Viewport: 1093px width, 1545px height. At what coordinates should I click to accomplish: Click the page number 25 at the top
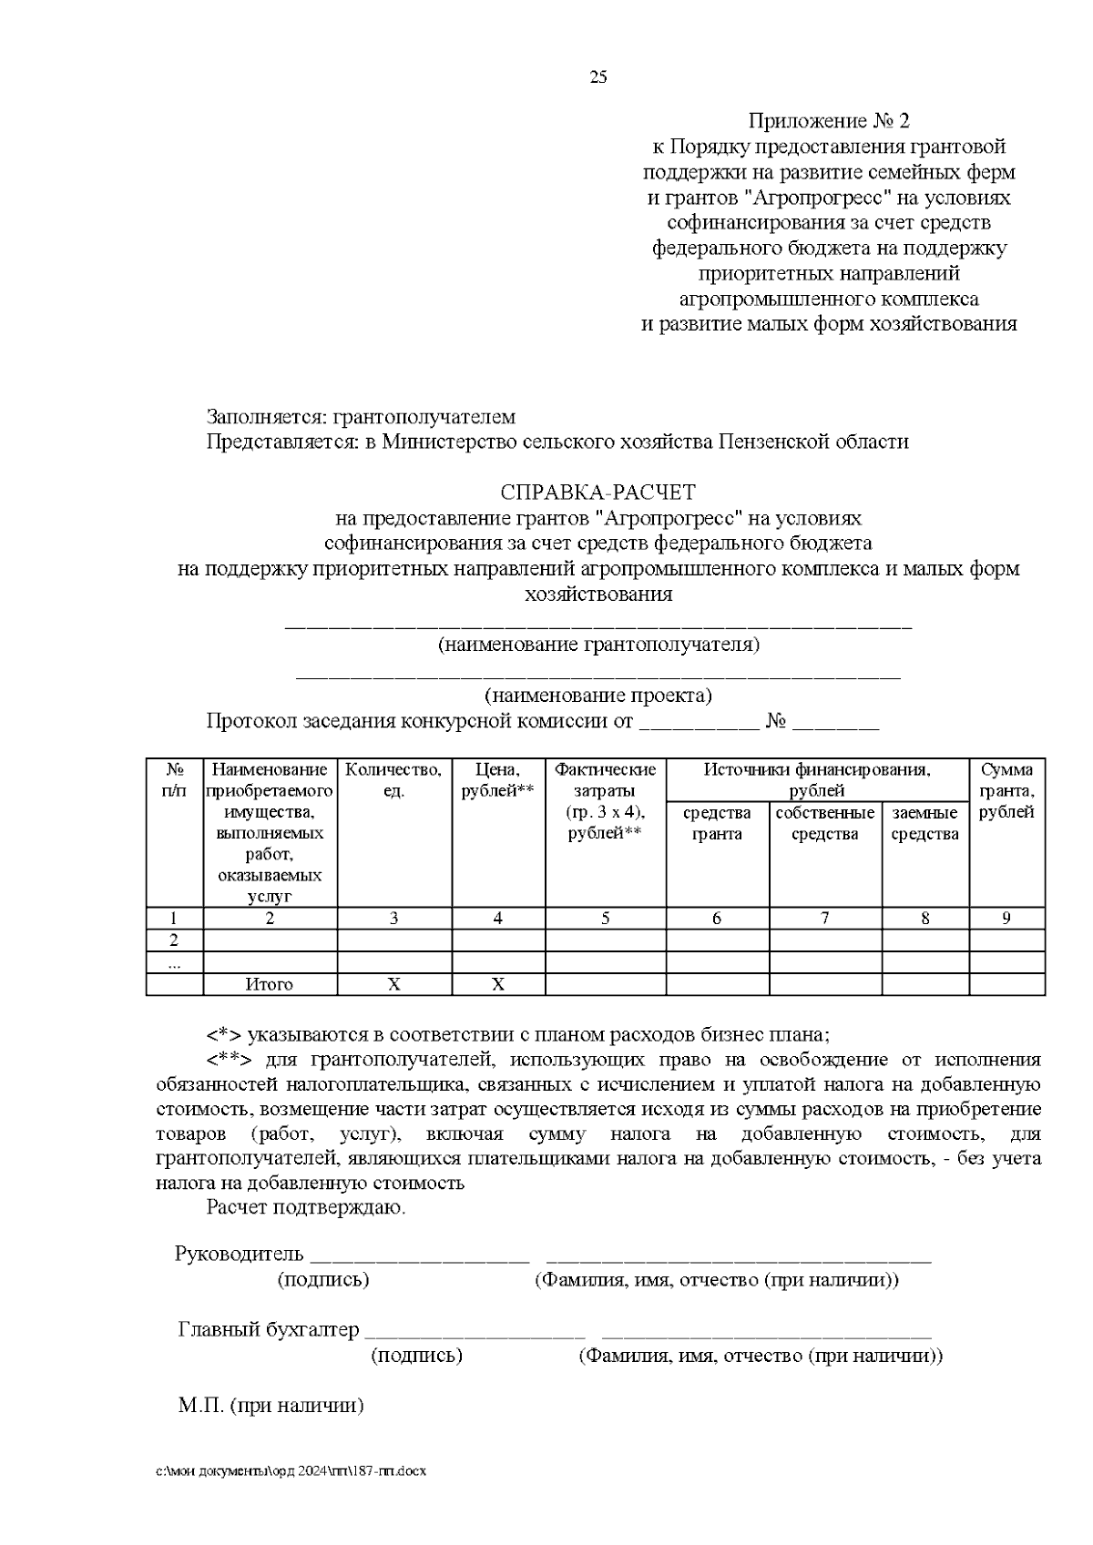pyautogui.click(x=598, y=77)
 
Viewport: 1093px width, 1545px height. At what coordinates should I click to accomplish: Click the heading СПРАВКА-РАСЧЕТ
pyautogui.click(x=598, y=493)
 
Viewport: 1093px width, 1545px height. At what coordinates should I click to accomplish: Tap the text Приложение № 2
pyautogui.click(x=828, y=121)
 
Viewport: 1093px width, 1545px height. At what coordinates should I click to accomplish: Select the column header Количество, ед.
pyautogui.click(x=394, y=780)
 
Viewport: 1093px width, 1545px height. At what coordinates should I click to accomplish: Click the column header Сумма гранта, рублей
pyautogui.click(x=1006, y=790)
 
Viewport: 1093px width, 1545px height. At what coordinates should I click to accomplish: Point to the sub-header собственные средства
pyautogui.click(x=824, y=823)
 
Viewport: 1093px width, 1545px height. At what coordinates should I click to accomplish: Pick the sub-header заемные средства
pyautogui.click(x=924, y=823)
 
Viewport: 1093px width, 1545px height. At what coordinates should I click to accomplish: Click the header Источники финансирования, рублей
pyautogui.click(x=816, y=779)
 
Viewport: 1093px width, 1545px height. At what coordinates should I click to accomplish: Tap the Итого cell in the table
pyautogui.click(x=270, y=984)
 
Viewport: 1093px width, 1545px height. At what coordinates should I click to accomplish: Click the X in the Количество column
pyautogui.click(x=394, y=984)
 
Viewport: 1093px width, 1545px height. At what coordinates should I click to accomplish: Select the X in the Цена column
pyautogui.click(x=498, y=984)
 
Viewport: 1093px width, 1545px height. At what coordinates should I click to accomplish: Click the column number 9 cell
pyautogui.click(x=1006, y=918)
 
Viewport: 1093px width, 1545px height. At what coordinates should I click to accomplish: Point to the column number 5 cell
pyautogui.click(x=605, y=918)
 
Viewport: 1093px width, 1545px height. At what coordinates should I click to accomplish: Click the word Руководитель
pyautogui.click(x=239, y=1254)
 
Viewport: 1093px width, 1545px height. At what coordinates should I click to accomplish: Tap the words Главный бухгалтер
pyautogui.click(x=269, y=1329)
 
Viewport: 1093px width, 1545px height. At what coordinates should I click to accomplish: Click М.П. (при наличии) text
pyautogui.click(x=271, y=1405)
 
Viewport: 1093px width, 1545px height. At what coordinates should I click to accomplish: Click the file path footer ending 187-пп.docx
pyautogui.click(x=291, y=1470)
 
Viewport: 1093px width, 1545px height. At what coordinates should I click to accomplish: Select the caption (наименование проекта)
pyautogui.click(x=598, y=696)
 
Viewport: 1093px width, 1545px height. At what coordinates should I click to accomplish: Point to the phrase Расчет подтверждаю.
pyautogui.click(x=306, y=1208)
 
